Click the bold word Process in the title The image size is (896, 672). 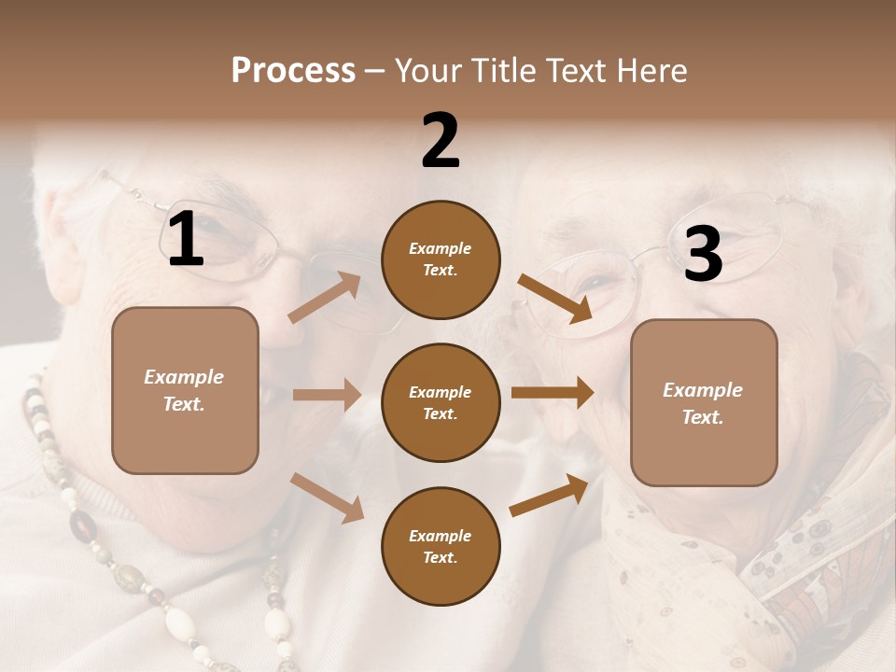[293, 71]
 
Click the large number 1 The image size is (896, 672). [186, 241]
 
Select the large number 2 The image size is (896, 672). [441, 141]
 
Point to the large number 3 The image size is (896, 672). [703, 255]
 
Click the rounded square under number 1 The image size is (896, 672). [185, 390]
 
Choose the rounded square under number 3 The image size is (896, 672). [704, 403]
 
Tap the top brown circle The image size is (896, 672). [441, 259]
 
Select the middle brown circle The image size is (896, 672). [441, 402]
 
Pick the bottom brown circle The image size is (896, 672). [441, 546]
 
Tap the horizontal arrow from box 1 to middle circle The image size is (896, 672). [327, 395]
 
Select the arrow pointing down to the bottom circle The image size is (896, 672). [328, 497]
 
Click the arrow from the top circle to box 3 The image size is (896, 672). [555, 299]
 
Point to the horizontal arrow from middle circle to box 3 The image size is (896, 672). [552, 393]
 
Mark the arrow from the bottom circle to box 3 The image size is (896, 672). [549, 496]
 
